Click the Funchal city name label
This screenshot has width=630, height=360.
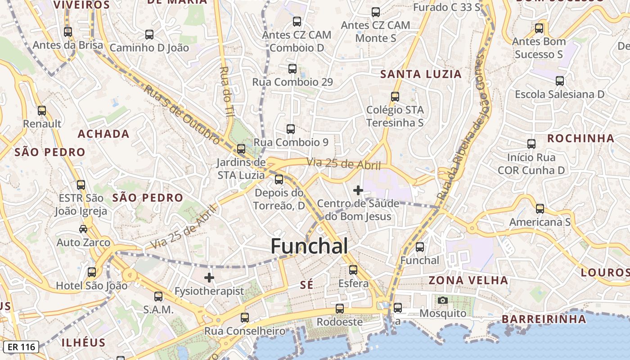(309, 246)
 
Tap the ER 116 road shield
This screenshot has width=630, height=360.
(22, 347)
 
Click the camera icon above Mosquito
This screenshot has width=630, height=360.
(443, 300)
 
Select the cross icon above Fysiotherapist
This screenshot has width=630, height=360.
(209, 278)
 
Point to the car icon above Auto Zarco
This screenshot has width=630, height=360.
(83, 229)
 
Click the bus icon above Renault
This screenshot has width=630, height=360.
(42, 110)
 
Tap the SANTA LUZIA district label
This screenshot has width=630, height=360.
(421, 74)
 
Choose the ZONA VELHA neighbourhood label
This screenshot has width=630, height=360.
(468, 280)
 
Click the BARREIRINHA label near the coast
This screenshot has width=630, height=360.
(544, 319)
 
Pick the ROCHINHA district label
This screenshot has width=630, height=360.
(580, 138)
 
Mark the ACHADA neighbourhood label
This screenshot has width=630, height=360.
(103, 134)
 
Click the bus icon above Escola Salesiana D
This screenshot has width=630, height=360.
(559, 81)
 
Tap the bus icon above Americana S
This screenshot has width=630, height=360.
(540, 209)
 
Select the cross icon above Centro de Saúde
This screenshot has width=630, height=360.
(358, 190)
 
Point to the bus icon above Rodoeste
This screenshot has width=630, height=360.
(340, 309)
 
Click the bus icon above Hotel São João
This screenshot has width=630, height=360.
(92, 272)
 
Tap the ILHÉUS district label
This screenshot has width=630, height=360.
(83, 342)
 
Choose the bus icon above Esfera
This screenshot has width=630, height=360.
(353, 270)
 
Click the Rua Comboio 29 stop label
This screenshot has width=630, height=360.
(292, 82)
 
